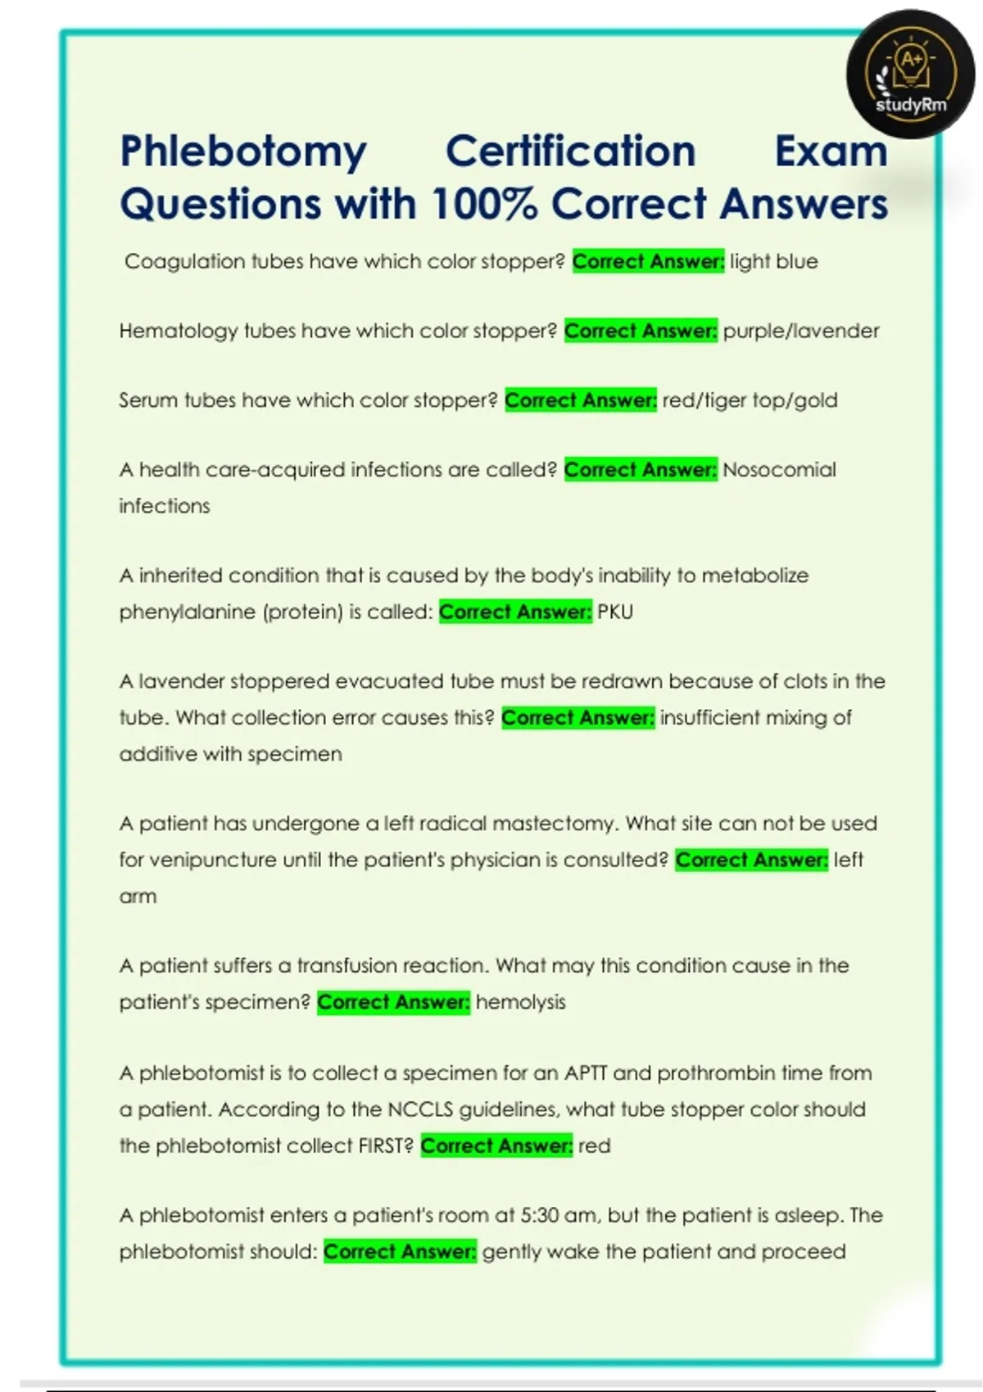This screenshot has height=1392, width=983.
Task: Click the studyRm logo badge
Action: [910, 75]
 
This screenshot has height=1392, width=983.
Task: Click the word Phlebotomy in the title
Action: [243, 152]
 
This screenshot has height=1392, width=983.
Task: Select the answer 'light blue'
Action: [773, 262]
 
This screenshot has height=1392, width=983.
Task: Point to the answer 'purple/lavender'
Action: [800, 331]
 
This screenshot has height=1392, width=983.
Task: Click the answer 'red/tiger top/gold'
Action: [750, 400]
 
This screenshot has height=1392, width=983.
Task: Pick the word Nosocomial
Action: [779, 470]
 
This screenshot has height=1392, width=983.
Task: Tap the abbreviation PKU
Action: [615, 612]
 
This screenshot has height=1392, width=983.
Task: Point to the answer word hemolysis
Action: [520, 1002]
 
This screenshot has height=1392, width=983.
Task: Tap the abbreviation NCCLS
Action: [420, 1110]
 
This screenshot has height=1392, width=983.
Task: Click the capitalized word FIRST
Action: [385, 1146]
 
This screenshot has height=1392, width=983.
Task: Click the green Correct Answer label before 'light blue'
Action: [648, 262]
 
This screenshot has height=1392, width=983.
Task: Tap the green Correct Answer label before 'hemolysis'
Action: [393, 1002]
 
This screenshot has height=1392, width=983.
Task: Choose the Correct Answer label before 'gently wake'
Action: [400, 1252]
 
